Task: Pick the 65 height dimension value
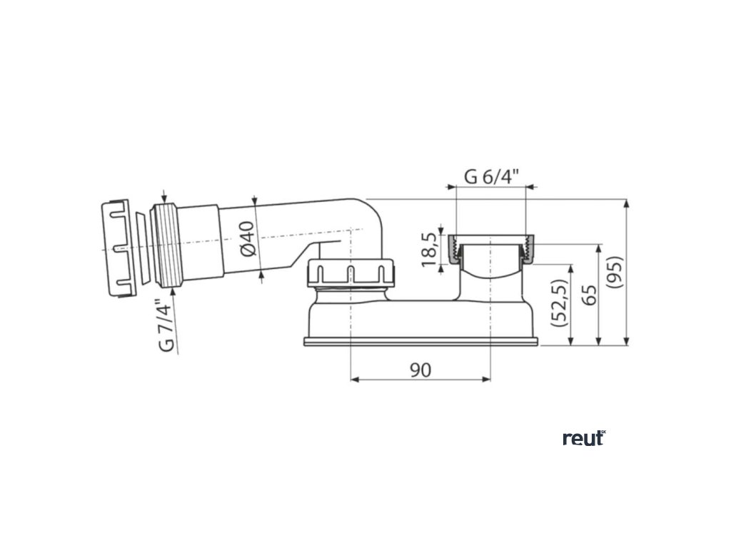589,293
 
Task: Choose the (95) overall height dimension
616,271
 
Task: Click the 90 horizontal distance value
420,370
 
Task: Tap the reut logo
583,439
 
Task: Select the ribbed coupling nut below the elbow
351,272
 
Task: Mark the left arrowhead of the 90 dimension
353,380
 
